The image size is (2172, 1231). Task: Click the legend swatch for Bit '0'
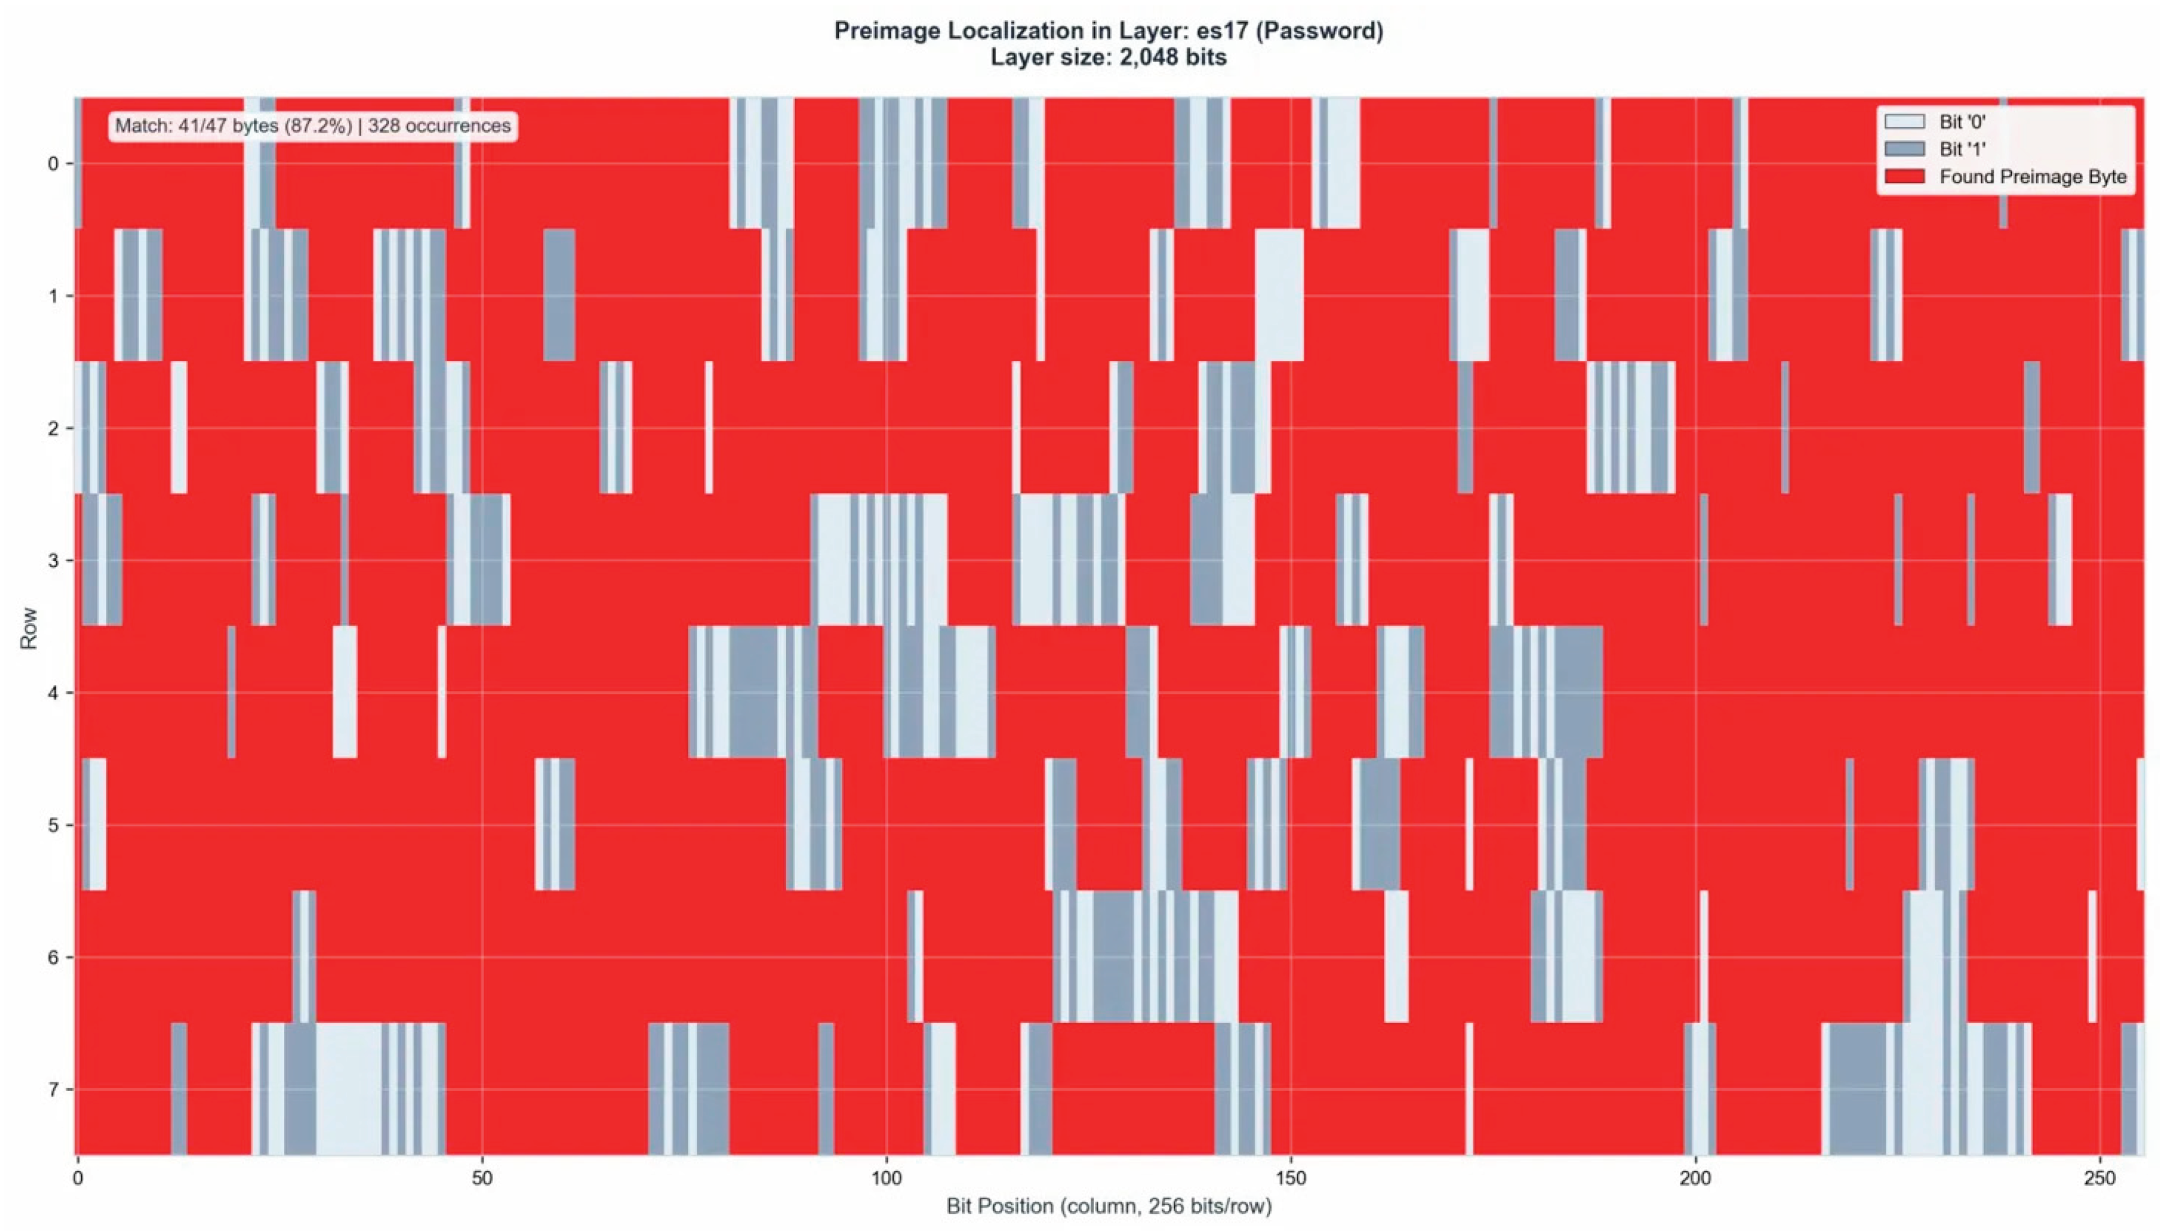[1904, 122]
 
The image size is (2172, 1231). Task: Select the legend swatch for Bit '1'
[1904, 150]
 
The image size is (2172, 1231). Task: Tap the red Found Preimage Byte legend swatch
[1904, 177]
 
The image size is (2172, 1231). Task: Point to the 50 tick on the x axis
[481, 1178]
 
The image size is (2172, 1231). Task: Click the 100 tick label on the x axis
[885, 1178]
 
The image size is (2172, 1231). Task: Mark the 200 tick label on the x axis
[1695, 1178]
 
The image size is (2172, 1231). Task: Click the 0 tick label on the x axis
[78, 1178]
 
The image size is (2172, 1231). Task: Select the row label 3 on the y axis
[54, 560]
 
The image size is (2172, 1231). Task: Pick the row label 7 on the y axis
[54, 1090]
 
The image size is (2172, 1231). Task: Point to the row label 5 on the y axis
[54, 825]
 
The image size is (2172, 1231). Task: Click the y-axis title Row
[28, 627]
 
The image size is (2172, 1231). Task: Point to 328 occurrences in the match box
[439, 126]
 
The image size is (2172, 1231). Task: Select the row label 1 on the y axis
[54, 296]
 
